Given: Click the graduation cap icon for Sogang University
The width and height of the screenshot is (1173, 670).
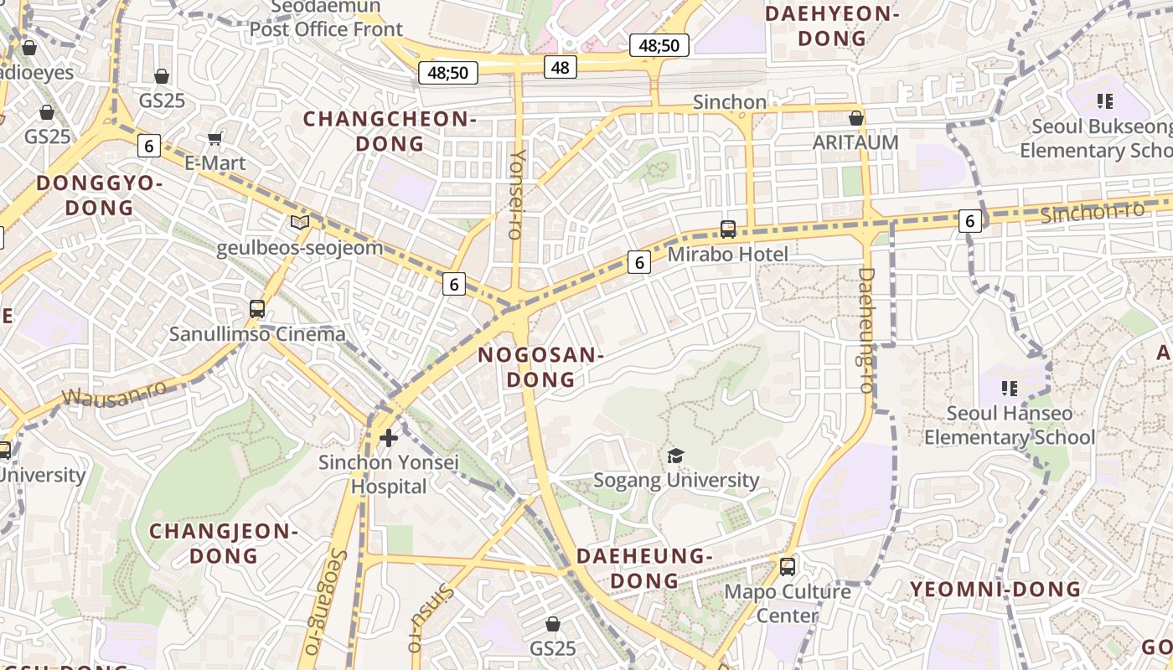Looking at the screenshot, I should click(x=675, y=456).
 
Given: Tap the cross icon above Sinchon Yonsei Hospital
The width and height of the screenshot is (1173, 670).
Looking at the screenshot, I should click(x=388, y=437).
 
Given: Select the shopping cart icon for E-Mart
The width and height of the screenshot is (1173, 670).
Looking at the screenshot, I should click(x=215, y=138).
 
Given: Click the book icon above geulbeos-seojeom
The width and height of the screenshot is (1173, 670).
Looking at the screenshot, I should click(x=299, y=223).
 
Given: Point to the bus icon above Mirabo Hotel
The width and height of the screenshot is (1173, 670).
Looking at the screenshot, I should click(x=727, y=229).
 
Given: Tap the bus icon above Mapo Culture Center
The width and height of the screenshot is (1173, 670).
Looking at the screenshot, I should click(x=787, y=567).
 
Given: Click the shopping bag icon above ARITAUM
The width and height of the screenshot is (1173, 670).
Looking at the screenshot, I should click(x=855, y=118).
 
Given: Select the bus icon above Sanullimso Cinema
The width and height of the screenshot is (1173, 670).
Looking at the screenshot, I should click(x=257, y=309).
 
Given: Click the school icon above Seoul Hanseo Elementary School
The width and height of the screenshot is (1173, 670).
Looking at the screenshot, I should click(x=1010, y=389).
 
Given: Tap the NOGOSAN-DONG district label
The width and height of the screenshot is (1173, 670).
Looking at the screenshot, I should click(x=540, y=368).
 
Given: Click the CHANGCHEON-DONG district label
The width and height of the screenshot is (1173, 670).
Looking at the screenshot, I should click(x=390, y=131).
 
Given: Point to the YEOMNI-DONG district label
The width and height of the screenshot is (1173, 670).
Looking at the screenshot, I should click(x=995, y=590).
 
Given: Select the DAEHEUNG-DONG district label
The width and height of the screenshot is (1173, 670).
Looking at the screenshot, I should click(x=644, y=568).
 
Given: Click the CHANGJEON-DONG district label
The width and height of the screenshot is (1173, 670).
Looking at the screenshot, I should click(x=224, y=543).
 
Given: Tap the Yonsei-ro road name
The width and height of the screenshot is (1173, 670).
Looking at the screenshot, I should click(x=518, y=194).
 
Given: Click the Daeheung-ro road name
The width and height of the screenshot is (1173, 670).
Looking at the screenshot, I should click(x=866, y=330).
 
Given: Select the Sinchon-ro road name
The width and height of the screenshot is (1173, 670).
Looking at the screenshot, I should click(x=1092, y=212).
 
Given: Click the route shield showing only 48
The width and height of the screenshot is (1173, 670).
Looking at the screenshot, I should click(x=561, y=67).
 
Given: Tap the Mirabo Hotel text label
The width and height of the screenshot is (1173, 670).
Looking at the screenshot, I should click(x=727, y=254).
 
